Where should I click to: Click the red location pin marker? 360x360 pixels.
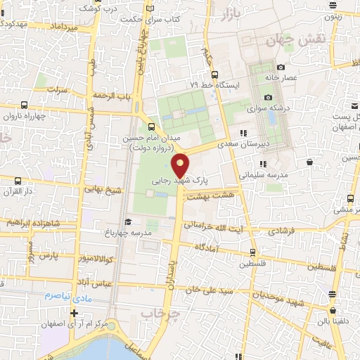181,165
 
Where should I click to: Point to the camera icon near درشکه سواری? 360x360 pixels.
267,97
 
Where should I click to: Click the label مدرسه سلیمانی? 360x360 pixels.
260,171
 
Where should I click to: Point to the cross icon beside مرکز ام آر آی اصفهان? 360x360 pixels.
74,311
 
